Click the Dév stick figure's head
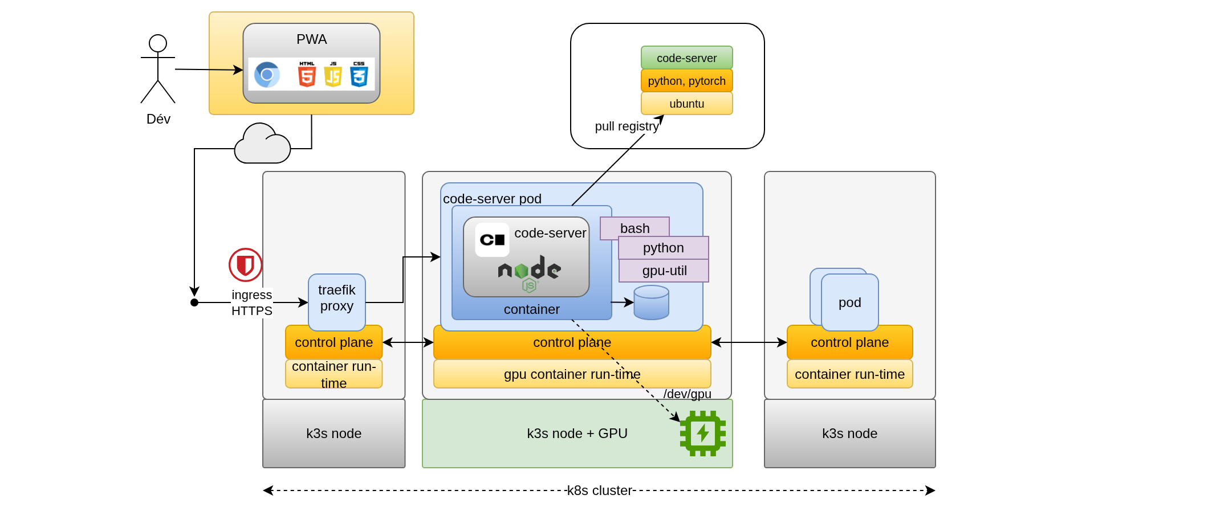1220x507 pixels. (158, 43)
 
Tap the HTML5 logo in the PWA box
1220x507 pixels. (307, 75)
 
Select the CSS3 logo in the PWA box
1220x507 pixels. (359, 75)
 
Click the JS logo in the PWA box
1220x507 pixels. (333, 75)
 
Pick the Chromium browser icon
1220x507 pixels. (267, 75)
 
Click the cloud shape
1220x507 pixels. (262, 145)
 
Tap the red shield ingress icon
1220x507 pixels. (245, 265)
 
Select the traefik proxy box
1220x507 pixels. (336, 302)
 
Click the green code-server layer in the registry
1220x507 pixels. (686, 58)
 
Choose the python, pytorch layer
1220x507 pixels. (686, 81)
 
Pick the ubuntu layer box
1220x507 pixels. (686, 104)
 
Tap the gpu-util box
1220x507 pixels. (664, 271)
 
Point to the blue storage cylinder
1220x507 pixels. (651, 302)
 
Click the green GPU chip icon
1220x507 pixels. (702, 434)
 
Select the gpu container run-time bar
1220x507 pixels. (572, 374)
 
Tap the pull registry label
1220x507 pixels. (626, 126)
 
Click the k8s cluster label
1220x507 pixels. (599, 490)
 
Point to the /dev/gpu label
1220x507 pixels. (687, 394)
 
